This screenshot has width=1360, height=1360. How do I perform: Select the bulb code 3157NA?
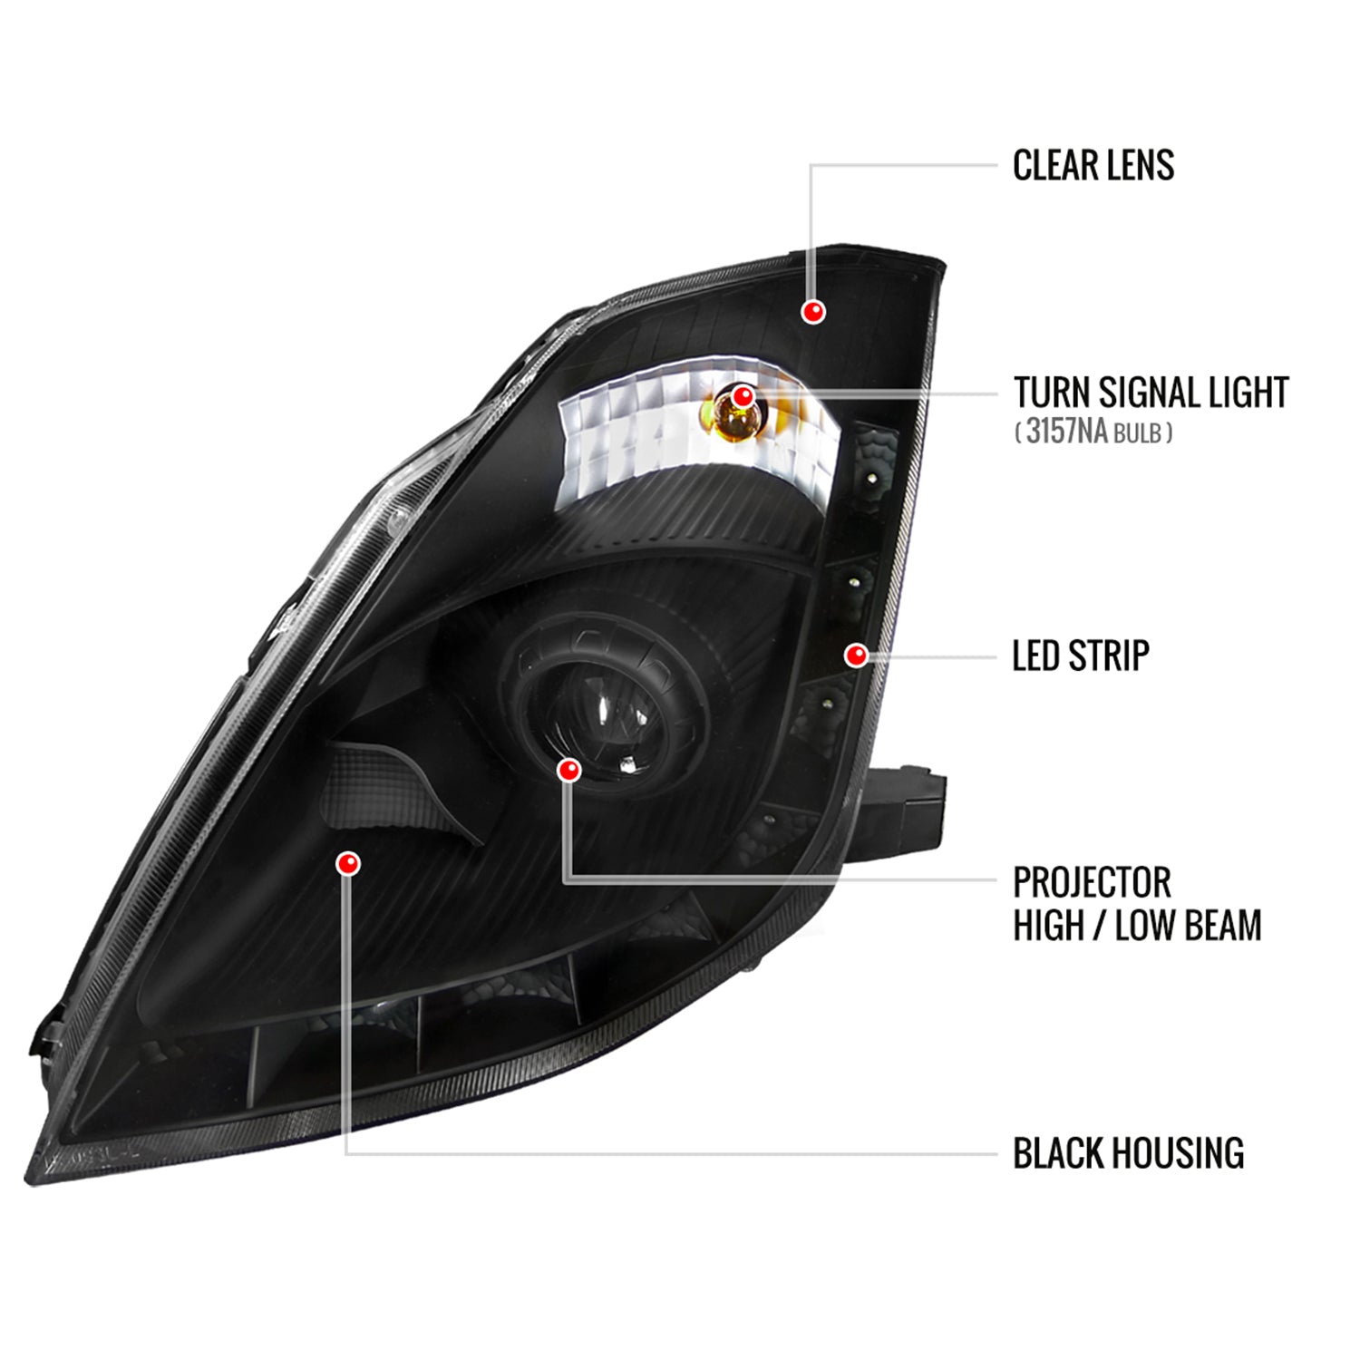coord(1066,431)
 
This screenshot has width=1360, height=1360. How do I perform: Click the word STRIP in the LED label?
coord(1108,656)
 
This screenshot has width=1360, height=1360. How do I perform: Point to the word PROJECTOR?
coord(1092,882)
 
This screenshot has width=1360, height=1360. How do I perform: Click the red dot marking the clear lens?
coord(813,312)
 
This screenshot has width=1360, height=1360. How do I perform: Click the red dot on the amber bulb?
coord(743,396)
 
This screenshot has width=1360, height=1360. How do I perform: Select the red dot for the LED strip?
coord(856,655)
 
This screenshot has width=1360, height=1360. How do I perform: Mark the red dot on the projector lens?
coord(569,771)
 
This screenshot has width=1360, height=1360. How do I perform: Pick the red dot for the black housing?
coord(347,863)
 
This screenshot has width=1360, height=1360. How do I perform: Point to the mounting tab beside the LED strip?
coord(907,807)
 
